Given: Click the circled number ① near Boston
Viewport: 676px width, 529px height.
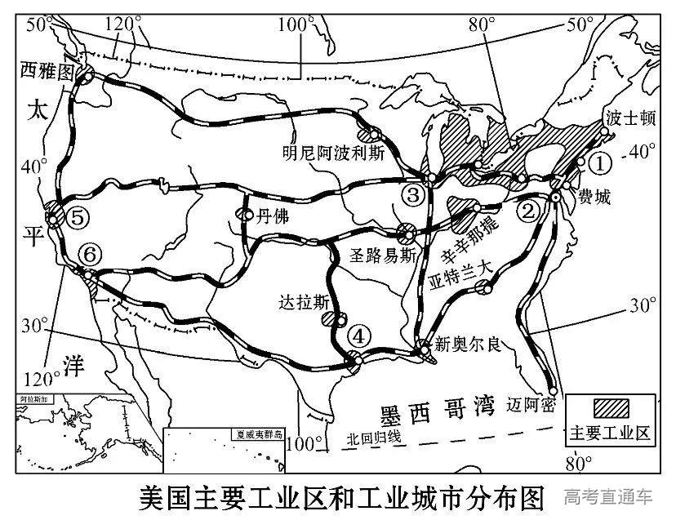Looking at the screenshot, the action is point(600,163).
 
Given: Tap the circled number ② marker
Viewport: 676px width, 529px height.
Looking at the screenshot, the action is point(530,211).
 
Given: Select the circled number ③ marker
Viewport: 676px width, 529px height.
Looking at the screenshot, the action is point(414,195).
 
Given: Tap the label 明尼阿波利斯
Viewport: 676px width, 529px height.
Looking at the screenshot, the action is point(332,153).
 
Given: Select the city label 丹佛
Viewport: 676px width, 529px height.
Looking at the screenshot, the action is point(274,215).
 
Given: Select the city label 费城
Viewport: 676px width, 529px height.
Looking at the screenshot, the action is point(594,196).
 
